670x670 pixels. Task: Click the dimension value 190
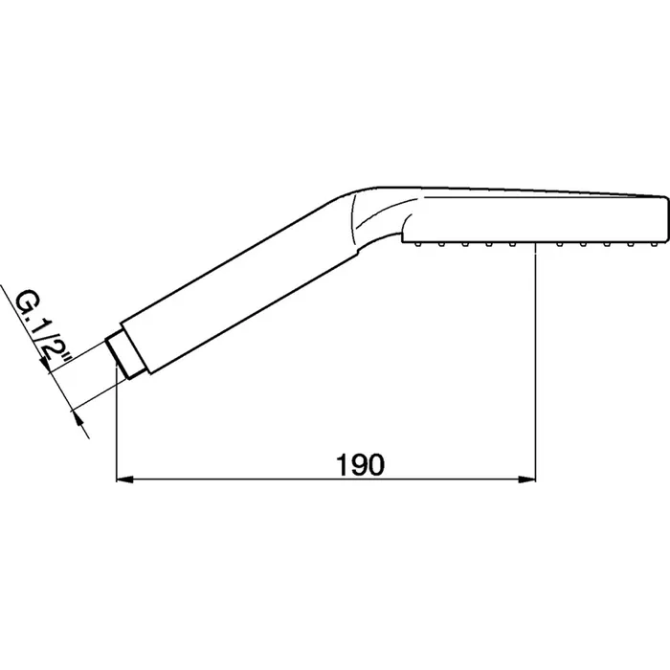coord(361,465)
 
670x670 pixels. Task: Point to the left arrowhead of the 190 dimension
coord(124,480)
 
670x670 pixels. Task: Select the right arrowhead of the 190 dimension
coord(526,480)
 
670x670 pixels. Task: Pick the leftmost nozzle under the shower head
coord(416,244)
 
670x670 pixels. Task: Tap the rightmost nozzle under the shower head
coord(654,244)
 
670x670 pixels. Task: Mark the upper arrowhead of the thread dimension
coord(45,366)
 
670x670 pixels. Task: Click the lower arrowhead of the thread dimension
coord(78,416)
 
